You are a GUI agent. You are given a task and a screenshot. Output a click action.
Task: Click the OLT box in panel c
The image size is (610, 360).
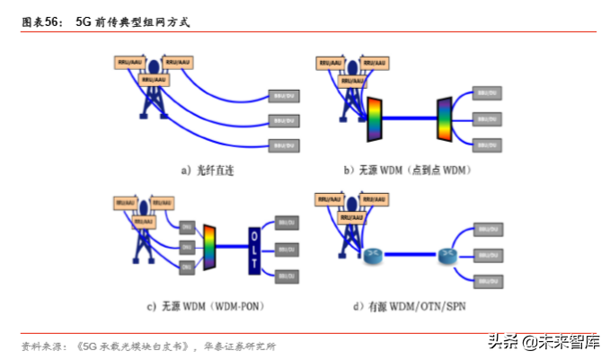[x=255, y=243]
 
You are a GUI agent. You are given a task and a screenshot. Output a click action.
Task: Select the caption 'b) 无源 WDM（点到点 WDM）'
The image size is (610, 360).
[x=407, y=169]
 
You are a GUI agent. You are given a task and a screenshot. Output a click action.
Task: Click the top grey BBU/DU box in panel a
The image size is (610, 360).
[x=285, y=94]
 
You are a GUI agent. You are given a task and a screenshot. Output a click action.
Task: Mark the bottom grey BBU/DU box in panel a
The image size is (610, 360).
[x=285, y=145]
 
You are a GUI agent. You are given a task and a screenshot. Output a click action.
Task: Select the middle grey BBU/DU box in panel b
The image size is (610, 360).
[x=489, y=119]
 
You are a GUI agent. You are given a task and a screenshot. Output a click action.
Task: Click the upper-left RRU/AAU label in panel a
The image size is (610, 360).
[x=129, y=62]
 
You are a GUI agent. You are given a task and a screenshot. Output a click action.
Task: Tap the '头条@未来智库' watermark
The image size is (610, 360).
[x=543, y=341]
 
